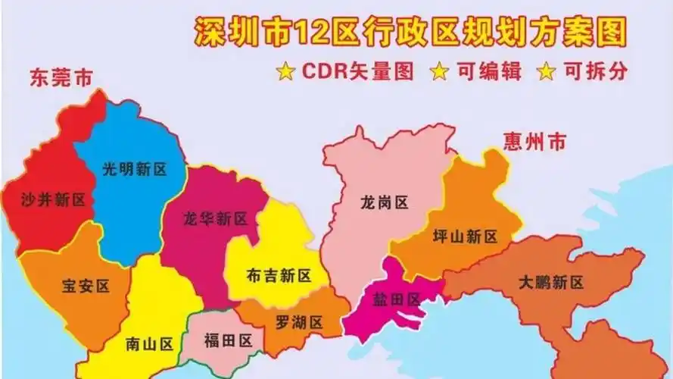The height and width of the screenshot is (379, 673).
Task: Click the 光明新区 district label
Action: pyautogui.click(x=135, y=169)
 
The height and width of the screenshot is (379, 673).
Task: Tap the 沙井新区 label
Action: pyautogui.click(x=53, y=200)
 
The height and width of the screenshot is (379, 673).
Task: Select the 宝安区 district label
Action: pyautogui.click(x=85, y=286)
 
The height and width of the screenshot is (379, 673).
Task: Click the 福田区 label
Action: pyautogui.click(x=228, y=340)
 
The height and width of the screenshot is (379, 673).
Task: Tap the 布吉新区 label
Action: pyautogui.click(x=279, y=274)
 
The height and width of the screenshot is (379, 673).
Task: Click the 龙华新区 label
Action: pyautogui.click(x=216, y=219)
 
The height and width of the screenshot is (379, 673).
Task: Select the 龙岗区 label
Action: pyautogui.click(x=384, y=202)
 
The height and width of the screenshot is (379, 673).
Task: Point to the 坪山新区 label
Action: pyautogui.click(x=465, y=236)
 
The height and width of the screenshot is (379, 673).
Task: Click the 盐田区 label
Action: pyautogui.click(x=396, y=299)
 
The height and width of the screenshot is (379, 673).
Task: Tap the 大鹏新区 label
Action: pyautogui.click(x=551, y=283)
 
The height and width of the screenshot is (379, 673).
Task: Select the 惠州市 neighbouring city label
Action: pyautogui.click(x=534, y=141)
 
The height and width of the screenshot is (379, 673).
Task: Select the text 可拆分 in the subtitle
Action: pyautogui.click(x=597, y=72)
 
